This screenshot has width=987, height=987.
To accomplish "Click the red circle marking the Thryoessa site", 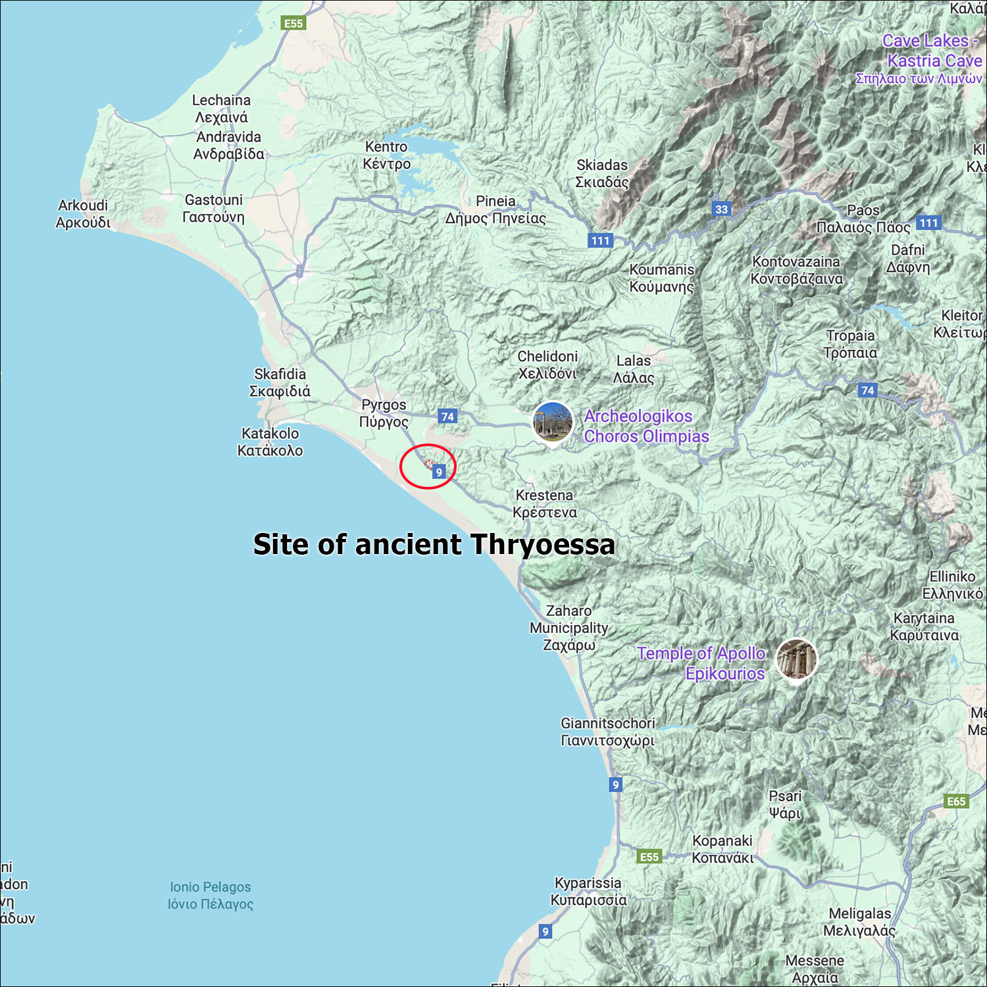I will coord(428,467).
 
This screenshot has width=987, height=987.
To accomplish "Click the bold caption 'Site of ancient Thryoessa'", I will coord(434,545).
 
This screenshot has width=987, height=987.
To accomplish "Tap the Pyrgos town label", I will coord(384,413).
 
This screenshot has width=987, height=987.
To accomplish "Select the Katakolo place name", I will coord(270,442).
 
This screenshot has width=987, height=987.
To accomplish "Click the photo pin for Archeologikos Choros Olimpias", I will coord(552,423).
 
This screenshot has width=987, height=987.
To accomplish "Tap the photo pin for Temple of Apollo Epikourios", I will coord(796,659).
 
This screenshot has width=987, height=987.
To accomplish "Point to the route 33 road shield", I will coord(722,209).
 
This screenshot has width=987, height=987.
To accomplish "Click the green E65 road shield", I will coord(956,801).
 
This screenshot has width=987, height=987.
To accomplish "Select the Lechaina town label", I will coord(221,109).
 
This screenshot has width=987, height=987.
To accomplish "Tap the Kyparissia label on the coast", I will coord(588,891).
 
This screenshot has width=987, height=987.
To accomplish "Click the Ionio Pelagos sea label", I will coord(211,896).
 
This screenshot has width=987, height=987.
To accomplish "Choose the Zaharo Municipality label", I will coord(569,628).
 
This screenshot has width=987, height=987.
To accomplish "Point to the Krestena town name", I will coord(545,503).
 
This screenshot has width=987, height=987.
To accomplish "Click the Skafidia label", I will coord(280,382).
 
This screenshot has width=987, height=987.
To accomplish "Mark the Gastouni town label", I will coord(213,208).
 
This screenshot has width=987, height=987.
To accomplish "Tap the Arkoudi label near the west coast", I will coord(83,214).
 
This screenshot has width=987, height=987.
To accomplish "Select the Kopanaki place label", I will coord(722,849).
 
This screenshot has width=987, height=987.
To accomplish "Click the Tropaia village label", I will coord(850,344).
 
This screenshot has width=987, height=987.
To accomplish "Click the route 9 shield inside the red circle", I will coord(439,472).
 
